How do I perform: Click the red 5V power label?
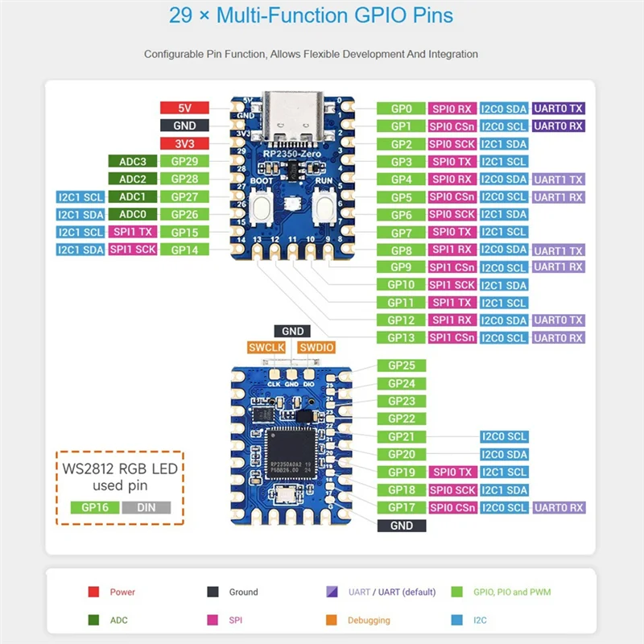184,108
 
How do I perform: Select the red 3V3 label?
184,143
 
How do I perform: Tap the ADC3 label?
132,161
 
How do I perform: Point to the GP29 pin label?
184,161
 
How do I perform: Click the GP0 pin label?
401,109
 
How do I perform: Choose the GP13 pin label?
401,338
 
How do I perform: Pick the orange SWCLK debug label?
266,348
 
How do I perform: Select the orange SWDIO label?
316,348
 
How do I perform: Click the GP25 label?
401,365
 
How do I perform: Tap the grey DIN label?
147,507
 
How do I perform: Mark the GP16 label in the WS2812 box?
95,507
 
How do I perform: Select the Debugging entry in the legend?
369,620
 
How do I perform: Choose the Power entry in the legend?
122,592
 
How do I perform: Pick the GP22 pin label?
401,419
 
